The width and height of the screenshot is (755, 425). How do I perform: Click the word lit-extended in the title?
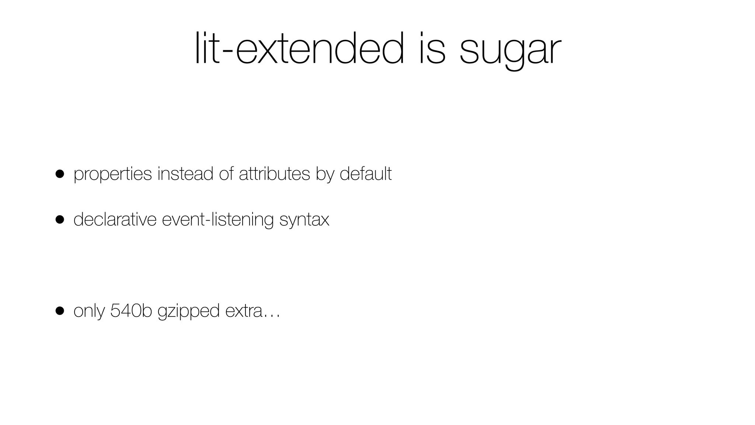tap(299, 49)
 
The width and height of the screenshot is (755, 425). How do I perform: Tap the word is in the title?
tap(432, 49)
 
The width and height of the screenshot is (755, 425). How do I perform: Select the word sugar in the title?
tap(510, 52)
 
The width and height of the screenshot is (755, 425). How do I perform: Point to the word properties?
tap(113, 174)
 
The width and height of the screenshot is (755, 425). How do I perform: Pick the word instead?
tap(185, 173)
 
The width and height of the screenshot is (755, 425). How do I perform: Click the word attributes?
tap(274, 173)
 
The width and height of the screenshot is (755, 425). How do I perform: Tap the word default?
tap(365, 173)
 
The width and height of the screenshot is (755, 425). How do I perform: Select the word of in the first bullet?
tap(226, 173)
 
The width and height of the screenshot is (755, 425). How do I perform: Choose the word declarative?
tap(115, 219)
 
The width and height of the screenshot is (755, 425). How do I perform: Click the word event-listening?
tap(218, 220)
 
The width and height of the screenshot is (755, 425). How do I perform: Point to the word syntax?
tap(304, 220)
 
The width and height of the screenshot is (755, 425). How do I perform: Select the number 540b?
tap(131, 311)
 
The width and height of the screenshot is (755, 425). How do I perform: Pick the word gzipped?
tap(188, 312)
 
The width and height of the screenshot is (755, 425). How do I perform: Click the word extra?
tap(243, 311)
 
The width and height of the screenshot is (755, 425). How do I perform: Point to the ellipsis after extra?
tap(272, 315)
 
